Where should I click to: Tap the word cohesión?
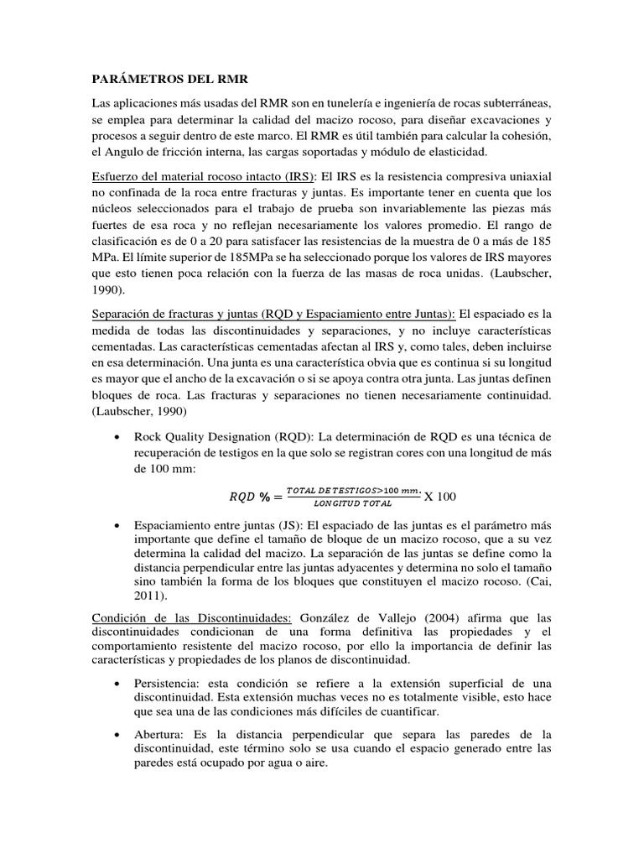click(x=523, y=135)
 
